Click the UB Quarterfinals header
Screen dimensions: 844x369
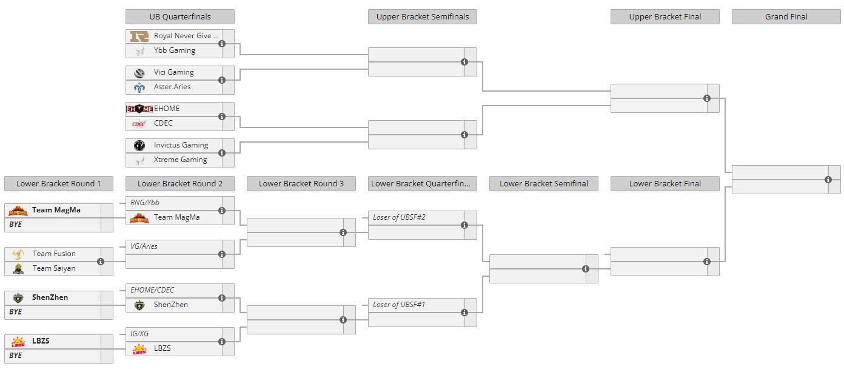[x=179, y=16]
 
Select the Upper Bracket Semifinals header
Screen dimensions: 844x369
[x=423, y=16]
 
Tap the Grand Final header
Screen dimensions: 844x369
[x=786, y=16]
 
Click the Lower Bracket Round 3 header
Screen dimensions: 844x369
[x=301, y=183]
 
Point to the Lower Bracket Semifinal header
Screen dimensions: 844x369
[x=544, y=183]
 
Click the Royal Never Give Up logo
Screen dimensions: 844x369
[x=139, y=36]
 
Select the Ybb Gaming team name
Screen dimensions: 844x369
[x=175, y=50]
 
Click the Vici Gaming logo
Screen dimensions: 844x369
[x=139, y=72]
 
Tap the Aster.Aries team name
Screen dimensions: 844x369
[x=172, y=86]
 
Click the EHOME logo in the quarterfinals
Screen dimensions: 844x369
[x=139, y=109]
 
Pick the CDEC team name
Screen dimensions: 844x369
[x=163, y=123]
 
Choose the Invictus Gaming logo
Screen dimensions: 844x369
[x=139, y=145]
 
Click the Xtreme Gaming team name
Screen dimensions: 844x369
[x=180, y=160]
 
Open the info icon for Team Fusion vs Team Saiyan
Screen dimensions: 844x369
[x=101, y=262]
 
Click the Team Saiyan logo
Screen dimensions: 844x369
[x=18, y=268]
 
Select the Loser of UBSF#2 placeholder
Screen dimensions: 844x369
[x=399, y=217]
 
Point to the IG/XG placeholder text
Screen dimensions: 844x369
[x=139, y=334]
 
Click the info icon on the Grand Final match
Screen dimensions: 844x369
[x=828, y=180]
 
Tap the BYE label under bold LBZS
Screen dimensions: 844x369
[x=15, y=356]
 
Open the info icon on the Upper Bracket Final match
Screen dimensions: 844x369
[x=707, y=98]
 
